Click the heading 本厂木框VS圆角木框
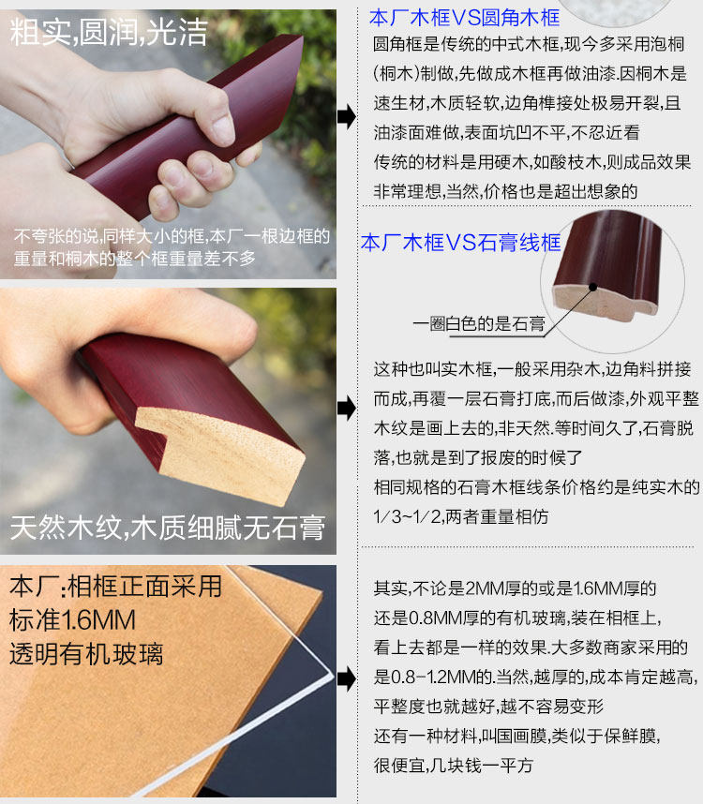tap(464, 18)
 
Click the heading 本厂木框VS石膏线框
tap(460, 243)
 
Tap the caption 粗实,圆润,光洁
tap(109, 32)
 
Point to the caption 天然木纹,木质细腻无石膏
tap(168, 528)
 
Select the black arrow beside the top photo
tap(347, 116)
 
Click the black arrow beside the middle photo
tap(347, 409)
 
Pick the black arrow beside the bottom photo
tap(347, 678)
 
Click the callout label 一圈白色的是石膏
tap(478, 323)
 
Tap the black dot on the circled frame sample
tap(592, 287)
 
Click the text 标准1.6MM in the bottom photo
tap(72, 620)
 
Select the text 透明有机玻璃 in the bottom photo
tap(86, 654)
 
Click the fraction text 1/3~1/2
tap(408, 516)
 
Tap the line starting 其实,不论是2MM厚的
tap(515, 588)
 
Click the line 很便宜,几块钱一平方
tap(454, 766)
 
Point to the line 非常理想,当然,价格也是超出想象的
tap(505, 191)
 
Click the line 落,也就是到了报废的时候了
tap(478, 457)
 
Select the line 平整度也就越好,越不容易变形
tap(488, 706)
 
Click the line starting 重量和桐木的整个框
tap(134, 259)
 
